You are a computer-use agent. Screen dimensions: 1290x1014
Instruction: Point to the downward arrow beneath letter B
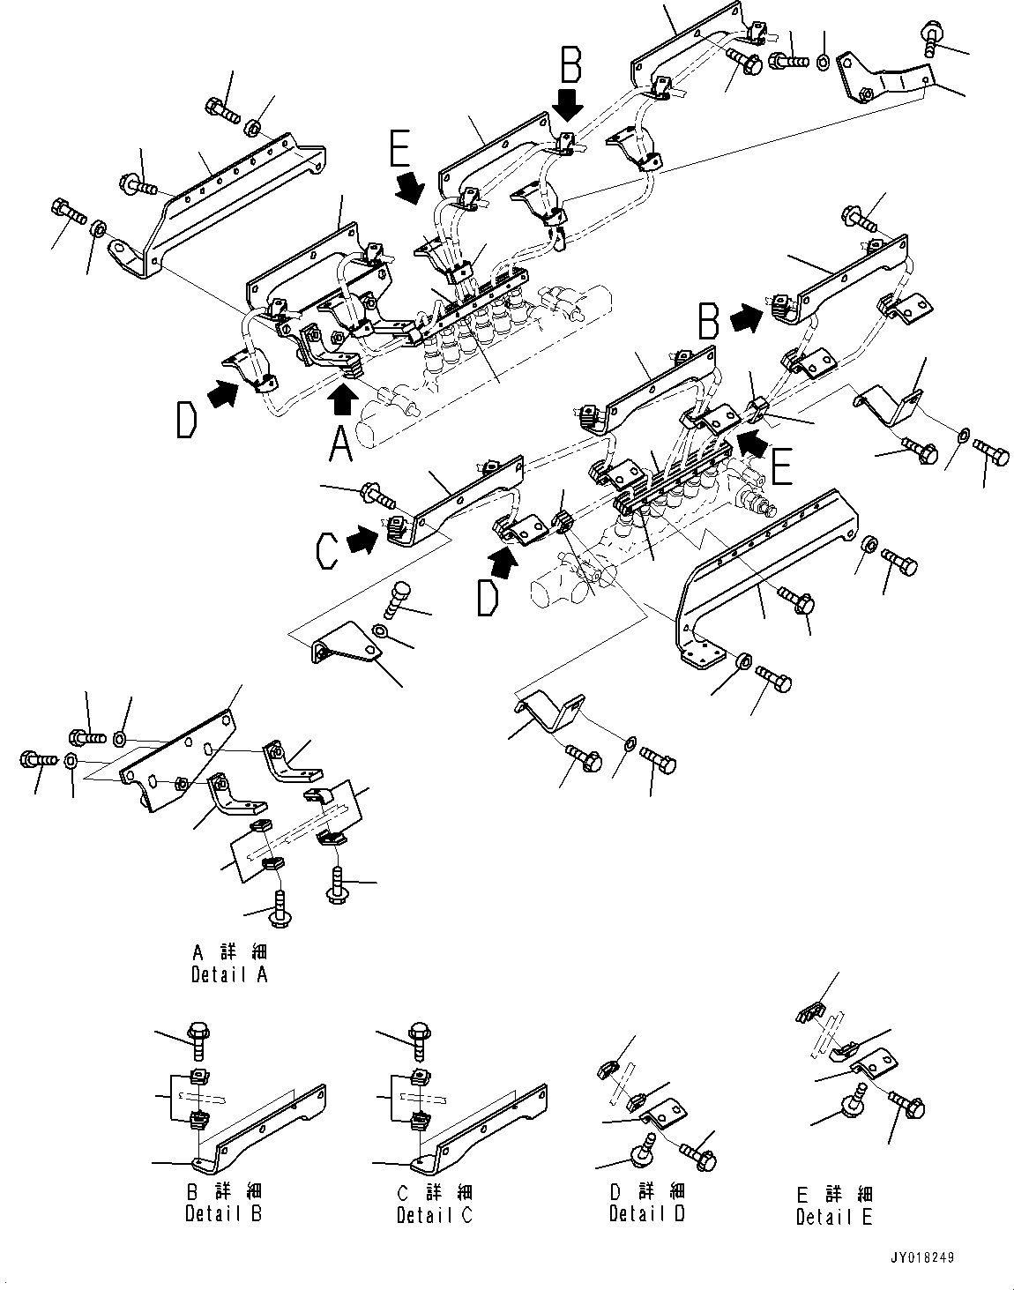coord(570,106)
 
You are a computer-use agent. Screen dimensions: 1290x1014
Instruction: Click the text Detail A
coord(228,974)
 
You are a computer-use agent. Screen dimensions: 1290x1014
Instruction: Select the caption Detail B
coord(223,1213)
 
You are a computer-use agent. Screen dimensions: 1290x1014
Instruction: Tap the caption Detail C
coord(435,1214)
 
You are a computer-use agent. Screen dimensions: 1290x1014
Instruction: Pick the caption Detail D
coord(646,1213)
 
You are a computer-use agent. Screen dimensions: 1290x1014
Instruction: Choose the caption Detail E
coord(834,1217)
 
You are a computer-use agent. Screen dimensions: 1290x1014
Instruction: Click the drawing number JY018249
coord(921,1259)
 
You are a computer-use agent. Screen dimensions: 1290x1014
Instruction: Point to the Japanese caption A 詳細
coord(228,952)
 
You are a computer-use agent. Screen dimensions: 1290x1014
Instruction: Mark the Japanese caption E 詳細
coord(834,1195)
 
